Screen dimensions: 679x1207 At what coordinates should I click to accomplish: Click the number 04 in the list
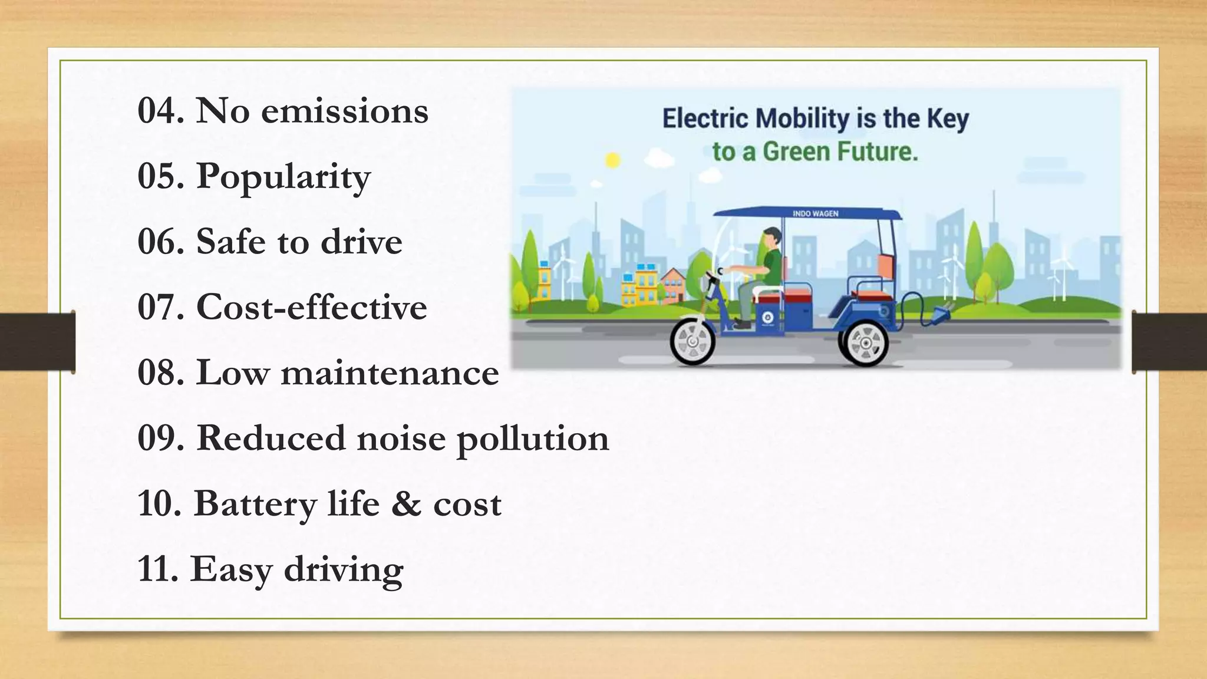157,111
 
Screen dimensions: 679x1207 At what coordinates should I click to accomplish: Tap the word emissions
344,111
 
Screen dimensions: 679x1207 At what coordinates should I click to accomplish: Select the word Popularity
283,177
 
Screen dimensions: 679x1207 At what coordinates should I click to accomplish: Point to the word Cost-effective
311,307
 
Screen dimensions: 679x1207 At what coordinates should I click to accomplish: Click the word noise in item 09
401,439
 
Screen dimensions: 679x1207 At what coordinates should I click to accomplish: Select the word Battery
255,505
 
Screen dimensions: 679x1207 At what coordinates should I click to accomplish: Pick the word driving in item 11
343,571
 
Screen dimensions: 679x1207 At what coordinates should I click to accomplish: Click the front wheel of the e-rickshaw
692,341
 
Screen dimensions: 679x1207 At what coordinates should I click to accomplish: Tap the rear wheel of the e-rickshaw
866,344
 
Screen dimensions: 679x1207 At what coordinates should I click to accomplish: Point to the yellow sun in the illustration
613,160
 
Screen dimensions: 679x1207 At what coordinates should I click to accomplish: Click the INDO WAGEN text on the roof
815,213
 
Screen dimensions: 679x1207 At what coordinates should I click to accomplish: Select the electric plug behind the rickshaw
939,315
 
